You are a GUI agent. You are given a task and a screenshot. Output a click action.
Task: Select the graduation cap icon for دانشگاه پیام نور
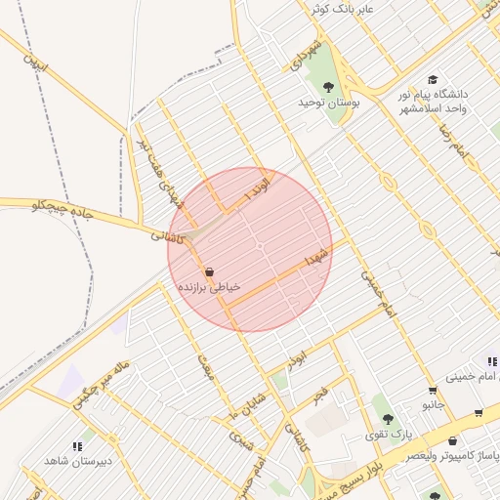coord(432,80)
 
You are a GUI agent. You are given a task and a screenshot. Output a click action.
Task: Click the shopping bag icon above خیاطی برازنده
coord(208,271)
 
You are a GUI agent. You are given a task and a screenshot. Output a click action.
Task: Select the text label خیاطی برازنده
coord(208,288)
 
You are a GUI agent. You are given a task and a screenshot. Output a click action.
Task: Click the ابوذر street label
coord(297,360)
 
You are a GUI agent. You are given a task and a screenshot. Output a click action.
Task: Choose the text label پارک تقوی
coord(396,433)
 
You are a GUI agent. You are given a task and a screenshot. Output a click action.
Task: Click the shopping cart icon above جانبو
coord(433,391)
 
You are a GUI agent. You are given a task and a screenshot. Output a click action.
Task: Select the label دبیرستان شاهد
coord(78,460)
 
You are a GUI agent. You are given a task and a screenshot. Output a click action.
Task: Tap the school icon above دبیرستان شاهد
coord(78,445)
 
